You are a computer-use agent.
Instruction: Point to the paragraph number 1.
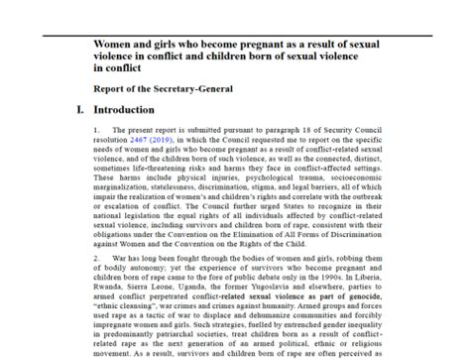pyautogui.click(x=96, y=130)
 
